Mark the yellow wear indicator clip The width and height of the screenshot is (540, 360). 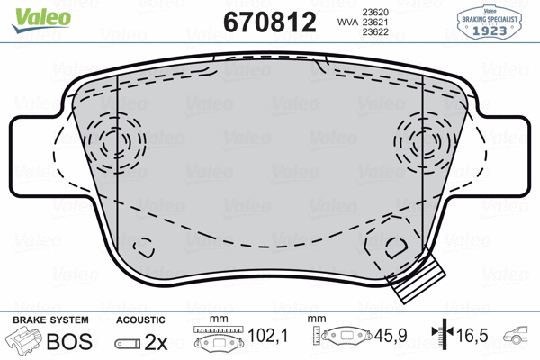(418, 279)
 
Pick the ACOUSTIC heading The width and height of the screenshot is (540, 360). (141, 320)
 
